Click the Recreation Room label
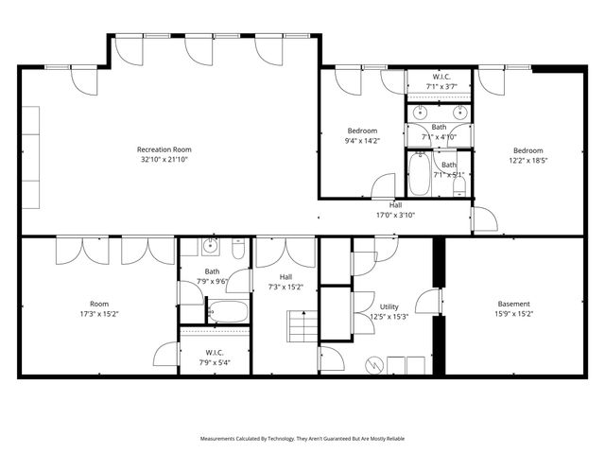(x=164, y=149)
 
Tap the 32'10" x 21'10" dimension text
(x=164, y=160)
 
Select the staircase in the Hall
(x=302, y=330)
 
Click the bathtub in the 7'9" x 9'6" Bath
(x=227, y=311)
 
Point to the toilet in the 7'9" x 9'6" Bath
(x=237, y=249)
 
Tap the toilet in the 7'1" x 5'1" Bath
(x=458, y=184)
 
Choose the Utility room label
(x=389, y=307)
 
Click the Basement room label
(x=514, y=305)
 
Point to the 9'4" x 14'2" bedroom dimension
(x=362, y=142)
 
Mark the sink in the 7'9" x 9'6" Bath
(x=211, y=248)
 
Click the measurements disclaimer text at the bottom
(x=302, y=439)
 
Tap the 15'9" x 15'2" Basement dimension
(x=514, y=315)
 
